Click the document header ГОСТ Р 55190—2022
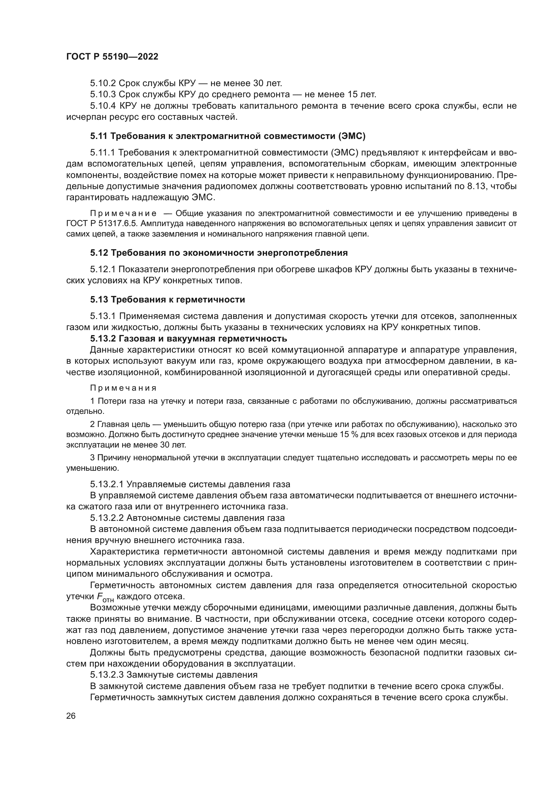click(x=112, y=57)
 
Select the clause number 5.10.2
click(x=103, y=83)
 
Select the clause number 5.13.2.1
click(x=107, y=484)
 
